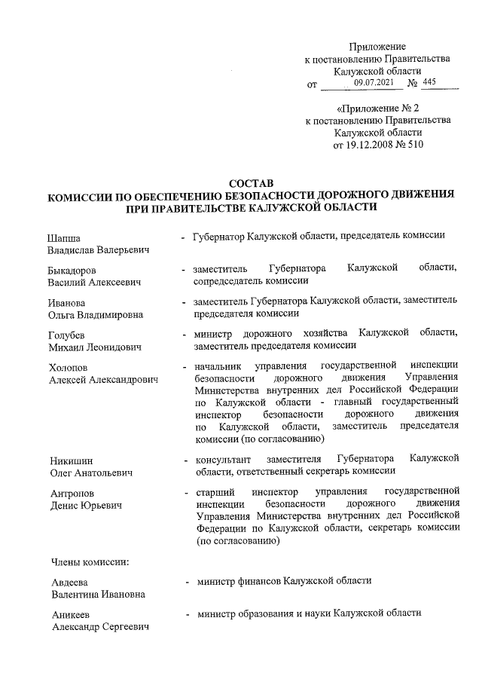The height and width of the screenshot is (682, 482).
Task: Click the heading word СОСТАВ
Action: [251, 183]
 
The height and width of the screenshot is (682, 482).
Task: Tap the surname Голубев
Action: [68, 334]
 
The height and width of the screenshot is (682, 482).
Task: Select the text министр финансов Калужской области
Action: [283, 581]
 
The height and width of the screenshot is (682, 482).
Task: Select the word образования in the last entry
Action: [270, 614]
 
